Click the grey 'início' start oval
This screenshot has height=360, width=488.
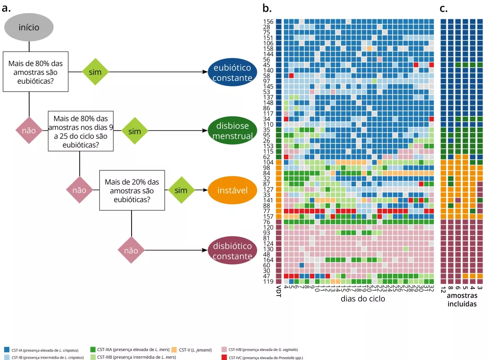pos(29,27)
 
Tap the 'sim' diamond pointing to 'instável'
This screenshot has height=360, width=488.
pos(181,190)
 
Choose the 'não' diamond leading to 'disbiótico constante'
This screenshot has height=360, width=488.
pos(131,251)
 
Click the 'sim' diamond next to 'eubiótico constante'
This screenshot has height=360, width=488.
pos(95,72)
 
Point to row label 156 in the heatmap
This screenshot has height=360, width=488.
pos(269,21)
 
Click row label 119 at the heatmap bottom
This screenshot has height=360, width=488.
pos(269,282)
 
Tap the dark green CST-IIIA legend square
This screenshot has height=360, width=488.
pos(93,350)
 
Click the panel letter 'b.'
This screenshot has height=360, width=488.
pos(267,8)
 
